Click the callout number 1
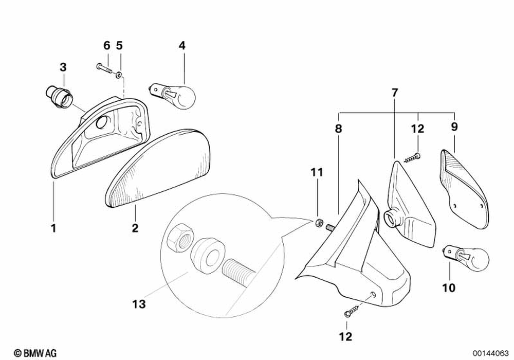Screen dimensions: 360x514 (x=53, y=227)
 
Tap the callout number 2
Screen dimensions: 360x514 (x=135, y=227)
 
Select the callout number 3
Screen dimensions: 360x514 (x=63, y=67)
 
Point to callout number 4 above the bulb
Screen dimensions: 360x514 (x=182, y=45)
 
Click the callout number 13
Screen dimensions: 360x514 (x=139, y=304)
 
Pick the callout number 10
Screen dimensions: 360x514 (x=449, y=288)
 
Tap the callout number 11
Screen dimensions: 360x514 (x=317, y=173)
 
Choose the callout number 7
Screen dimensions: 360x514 (x=394, y=93)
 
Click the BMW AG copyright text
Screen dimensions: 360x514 (x=35, y=352)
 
